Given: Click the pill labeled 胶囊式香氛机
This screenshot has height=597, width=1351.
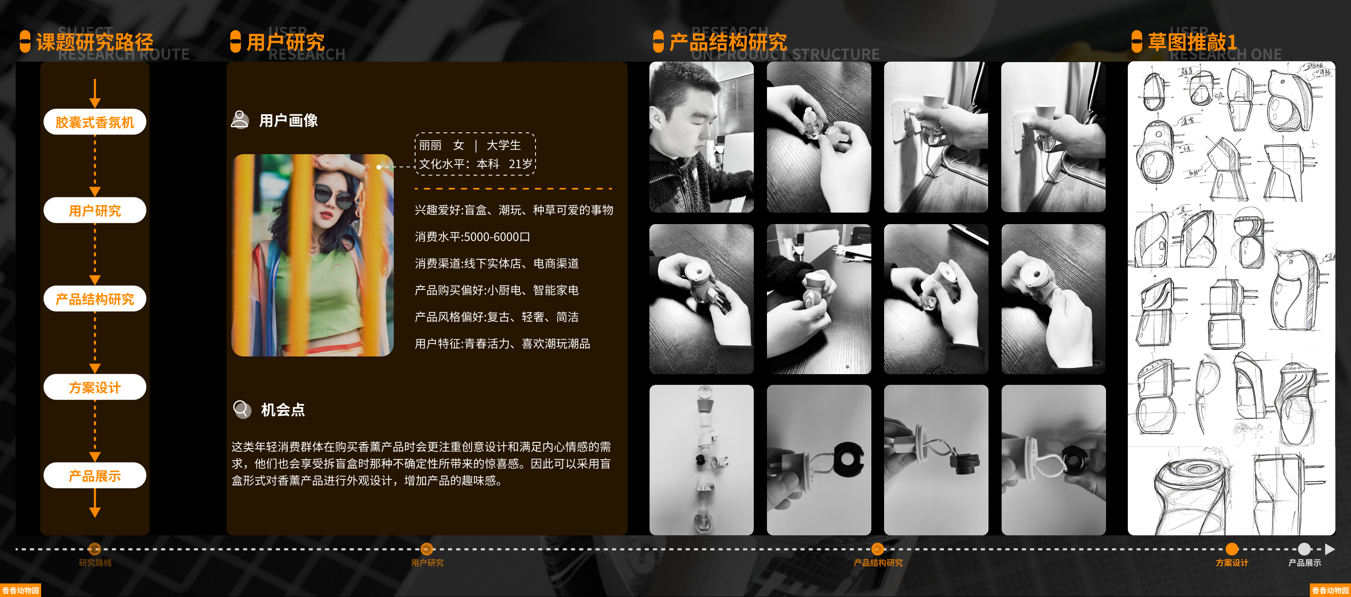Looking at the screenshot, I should pos(95,122).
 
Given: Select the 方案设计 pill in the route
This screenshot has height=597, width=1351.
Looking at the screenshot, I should pos(95,387).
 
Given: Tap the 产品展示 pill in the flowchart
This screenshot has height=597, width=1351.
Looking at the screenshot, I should pos(95,475).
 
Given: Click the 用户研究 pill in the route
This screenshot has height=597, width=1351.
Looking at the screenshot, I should pos(95,211).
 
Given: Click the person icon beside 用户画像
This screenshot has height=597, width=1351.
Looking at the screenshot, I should pos(240,120).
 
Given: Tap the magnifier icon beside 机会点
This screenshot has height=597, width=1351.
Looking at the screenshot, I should pos(242,409).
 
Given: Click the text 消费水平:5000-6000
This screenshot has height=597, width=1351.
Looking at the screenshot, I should pos(472,236).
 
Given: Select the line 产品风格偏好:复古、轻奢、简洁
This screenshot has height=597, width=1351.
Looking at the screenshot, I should pos(496,317).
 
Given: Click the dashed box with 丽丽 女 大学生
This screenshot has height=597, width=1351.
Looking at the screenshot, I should pos(475,154).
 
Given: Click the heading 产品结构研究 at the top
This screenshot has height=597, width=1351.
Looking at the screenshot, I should pos(727,42).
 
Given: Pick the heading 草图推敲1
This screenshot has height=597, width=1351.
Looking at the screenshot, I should pos(1192,42).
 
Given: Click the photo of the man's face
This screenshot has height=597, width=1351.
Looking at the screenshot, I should pos(701,137).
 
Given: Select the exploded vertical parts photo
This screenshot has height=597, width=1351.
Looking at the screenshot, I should pos(701,460).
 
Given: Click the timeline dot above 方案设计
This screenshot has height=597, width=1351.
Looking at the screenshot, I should pos(1231,549).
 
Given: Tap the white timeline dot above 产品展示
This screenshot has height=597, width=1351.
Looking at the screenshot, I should pos(1304,549).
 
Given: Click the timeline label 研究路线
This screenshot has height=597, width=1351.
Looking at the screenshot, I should pos(95,563).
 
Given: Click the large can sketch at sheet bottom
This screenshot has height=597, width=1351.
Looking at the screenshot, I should pos(1193,493).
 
